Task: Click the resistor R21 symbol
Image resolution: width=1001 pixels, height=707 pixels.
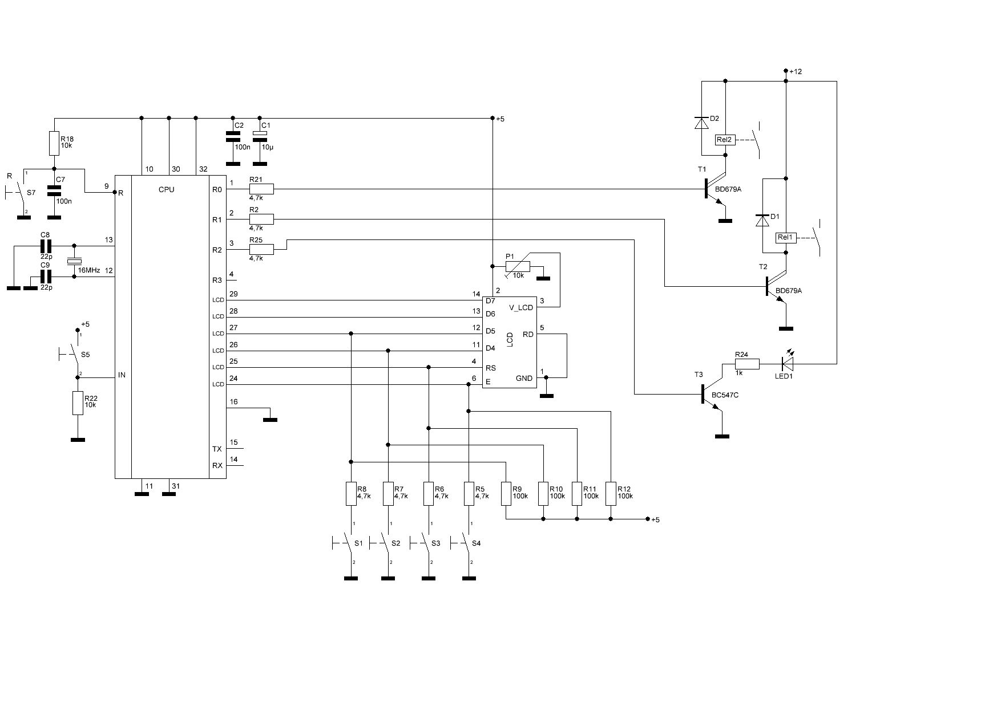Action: tap(261, 189)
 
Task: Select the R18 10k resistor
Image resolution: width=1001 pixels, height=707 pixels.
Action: tap(54, 144)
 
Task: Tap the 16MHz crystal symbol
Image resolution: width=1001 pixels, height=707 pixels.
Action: tap(74, 262)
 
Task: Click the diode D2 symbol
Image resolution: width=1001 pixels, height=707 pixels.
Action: tap(701, 123)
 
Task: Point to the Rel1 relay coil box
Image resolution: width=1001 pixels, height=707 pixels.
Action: tap(785, 237)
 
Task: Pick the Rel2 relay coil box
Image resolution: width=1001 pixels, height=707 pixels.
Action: tap(725, 140)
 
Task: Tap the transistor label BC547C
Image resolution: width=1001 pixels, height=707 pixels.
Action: tap(725, 395)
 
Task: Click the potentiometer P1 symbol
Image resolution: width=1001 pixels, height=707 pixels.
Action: tap(518, 266)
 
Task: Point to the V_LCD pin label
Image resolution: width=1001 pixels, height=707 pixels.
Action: tap(521, 308)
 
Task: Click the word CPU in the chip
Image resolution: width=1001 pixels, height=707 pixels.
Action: tap(167, 189)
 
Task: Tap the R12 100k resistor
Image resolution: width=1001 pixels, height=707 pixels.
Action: tap(611, 494)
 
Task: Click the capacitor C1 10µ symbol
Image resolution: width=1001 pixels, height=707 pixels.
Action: tap(260, 135)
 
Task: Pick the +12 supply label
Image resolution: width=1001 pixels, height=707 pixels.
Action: tap(796, 72)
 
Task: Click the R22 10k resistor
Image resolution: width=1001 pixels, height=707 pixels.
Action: tap(78, 403)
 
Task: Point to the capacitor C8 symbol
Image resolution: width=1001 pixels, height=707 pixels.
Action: tap(46, 246)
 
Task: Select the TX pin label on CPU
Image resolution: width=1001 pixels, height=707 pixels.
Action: tap(217, 449)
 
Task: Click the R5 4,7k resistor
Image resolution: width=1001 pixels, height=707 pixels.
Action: tap(469, 494)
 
